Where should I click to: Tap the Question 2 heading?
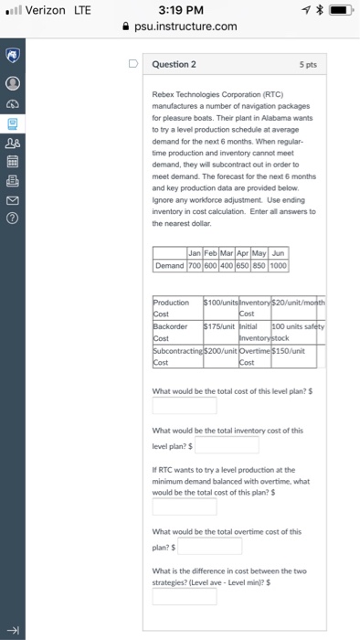(173, 65)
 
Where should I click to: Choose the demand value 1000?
(278, 239)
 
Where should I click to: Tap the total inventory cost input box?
(227, 445)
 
